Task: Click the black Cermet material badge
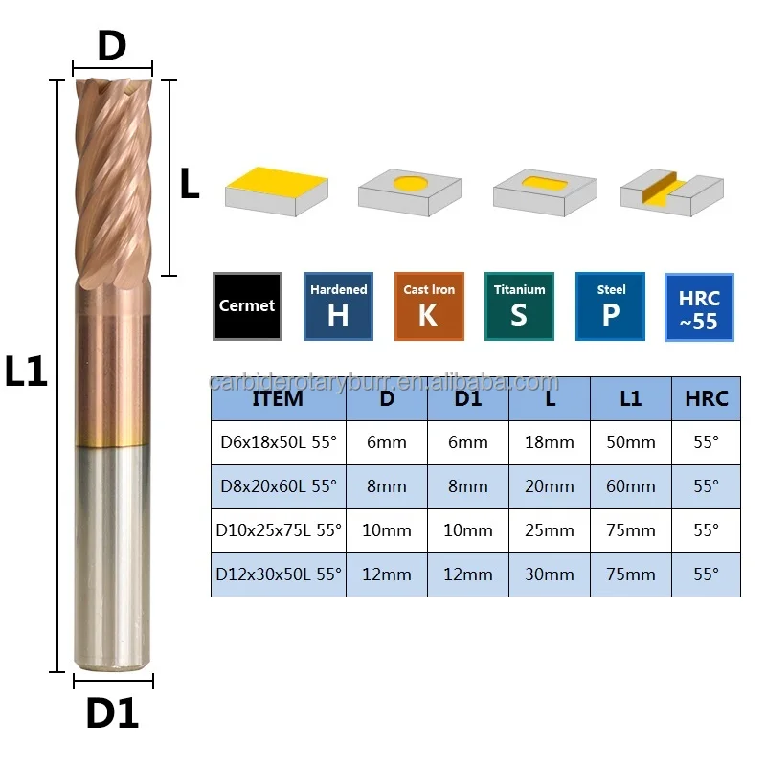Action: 247,306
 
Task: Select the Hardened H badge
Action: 338,306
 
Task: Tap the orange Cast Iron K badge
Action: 429,306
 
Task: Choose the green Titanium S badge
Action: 519,306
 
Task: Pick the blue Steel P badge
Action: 611,306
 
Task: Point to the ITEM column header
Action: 278,398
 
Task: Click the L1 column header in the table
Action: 631,398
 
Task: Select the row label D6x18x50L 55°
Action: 278,442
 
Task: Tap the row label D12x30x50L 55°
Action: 278,574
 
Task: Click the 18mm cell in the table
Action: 550,442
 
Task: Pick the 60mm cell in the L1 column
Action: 631,486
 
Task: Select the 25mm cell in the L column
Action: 550,530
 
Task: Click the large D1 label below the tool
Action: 113,714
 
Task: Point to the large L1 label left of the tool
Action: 26,372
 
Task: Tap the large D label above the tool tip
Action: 112,46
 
